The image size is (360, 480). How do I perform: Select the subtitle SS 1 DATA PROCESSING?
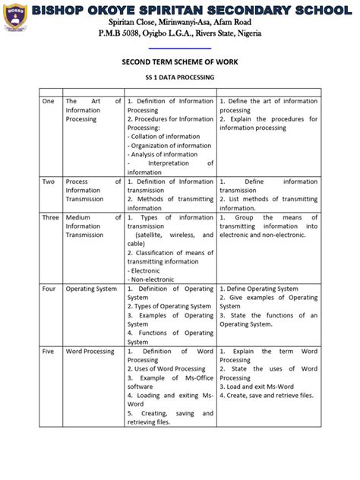click(180, 78)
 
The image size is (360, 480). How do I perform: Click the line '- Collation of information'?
click(160, 136)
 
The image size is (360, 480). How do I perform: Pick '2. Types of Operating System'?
click(169, 306)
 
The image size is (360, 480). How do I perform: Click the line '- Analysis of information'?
click(160, 154)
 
